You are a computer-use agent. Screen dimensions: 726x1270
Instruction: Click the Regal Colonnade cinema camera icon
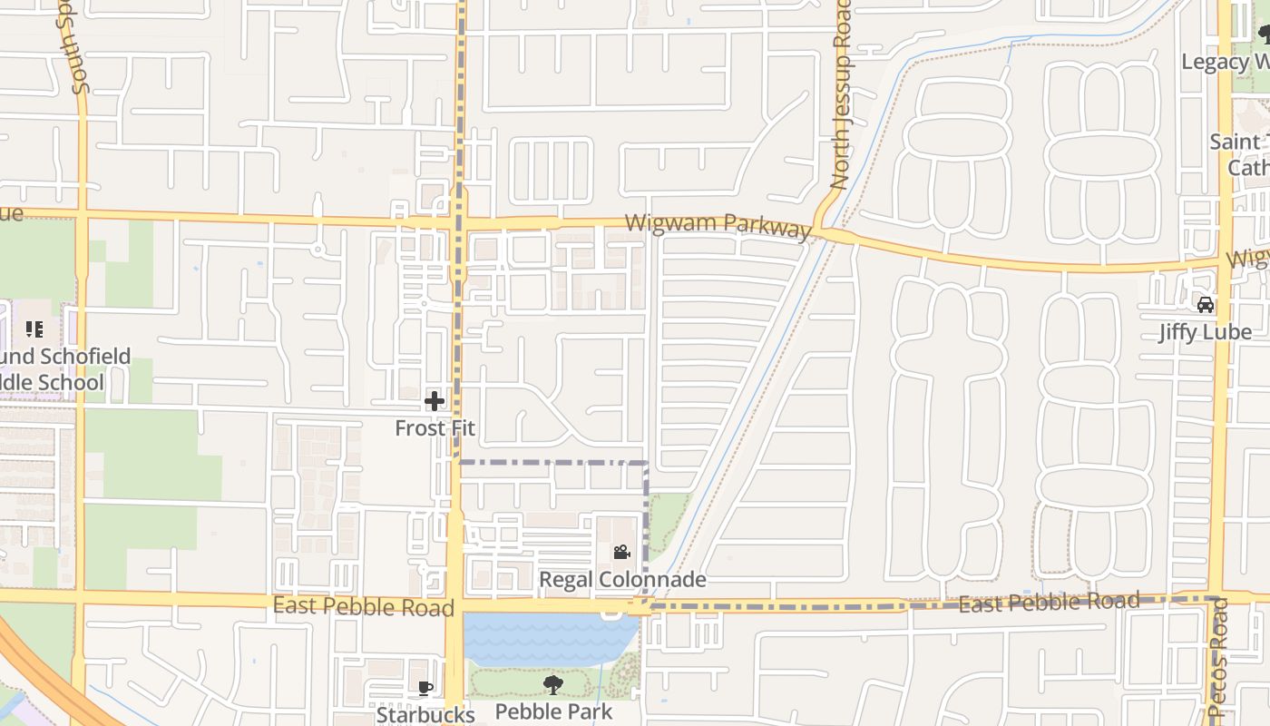click(x=621, y=552)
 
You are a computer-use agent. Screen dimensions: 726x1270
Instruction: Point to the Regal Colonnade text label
click(x=622, y=579)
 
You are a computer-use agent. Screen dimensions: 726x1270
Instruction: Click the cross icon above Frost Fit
click(x=435, y=400)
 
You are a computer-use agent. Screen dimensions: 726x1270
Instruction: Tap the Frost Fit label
click(x=435, y=427)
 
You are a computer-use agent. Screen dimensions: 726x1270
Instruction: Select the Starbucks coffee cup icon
click(x=425, y=689)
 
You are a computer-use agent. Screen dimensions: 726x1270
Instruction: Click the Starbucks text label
click(x=425, y=715)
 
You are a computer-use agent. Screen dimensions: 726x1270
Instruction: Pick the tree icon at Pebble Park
click(x=552, y=685)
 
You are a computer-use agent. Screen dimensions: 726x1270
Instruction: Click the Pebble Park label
click(x=553, y=711)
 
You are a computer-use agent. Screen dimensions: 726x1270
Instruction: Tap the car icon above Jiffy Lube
click(x=1205, y=305)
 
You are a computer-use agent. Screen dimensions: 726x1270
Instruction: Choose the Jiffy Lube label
click(x=1205, y=332)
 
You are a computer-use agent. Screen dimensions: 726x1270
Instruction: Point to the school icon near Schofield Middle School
click(x=34, y=329)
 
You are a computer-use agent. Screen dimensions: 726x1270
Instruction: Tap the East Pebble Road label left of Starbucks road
click(x=363, y=606)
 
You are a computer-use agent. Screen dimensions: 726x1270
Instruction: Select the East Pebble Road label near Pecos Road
click(x=1049, y=603)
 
